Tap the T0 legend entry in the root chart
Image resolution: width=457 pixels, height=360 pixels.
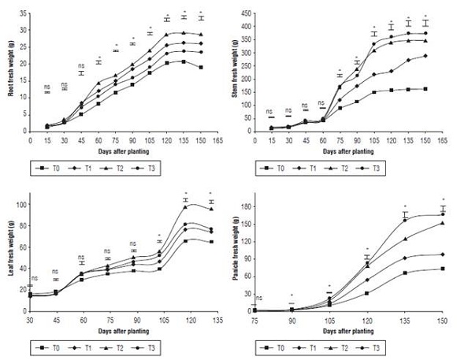50,169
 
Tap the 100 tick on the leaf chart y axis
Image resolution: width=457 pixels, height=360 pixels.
19,205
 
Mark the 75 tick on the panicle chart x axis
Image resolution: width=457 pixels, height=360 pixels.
273,321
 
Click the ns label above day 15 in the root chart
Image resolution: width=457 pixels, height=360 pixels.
47,86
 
